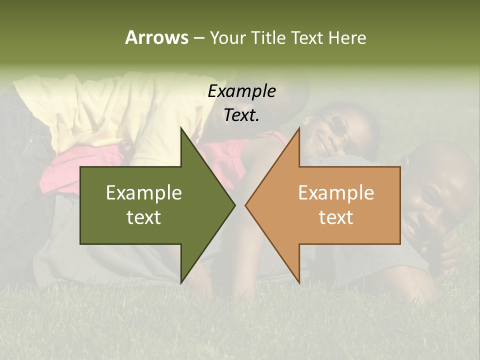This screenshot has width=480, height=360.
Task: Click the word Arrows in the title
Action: (156, 37)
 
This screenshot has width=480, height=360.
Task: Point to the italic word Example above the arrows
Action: (241, 91)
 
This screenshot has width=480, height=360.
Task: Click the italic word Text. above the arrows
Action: (241, 115)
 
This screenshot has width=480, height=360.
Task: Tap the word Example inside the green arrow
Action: (144, 193)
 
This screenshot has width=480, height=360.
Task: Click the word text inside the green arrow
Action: (144, 217)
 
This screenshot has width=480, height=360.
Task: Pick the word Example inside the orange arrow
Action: (336, 193)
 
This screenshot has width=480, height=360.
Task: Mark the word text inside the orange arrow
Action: (336, 217)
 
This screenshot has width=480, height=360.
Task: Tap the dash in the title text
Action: (198, 38)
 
